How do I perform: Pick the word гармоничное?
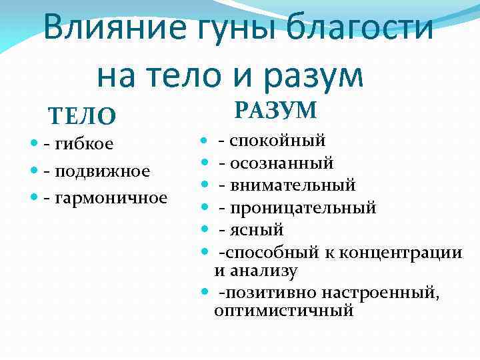113,198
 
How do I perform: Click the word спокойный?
278,141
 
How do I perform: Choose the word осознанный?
282,163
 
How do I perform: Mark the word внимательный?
293,185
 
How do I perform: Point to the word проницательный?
303,207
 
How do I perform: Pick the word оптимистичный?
284,311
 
